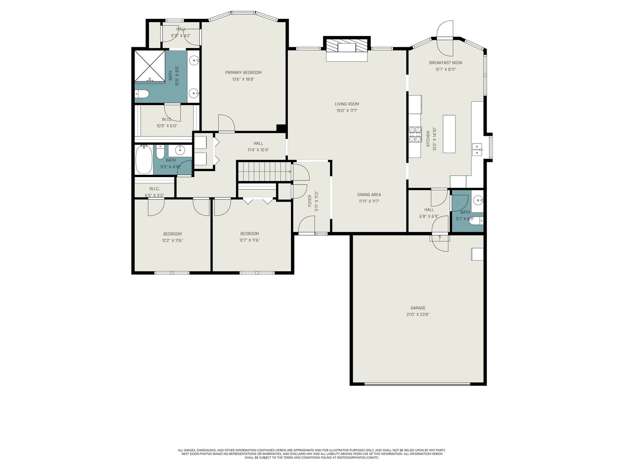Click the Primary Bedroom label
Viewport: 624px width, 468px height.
243,73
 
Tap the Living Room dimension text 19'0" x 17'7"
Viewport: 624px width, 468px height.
347,110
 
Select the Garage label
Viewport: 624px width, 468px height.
418,308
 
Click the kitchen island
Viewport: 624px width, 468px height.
449,134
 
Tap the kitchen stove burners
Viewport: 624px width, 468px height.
415,135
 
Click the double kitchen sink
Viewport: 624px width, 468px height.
477,149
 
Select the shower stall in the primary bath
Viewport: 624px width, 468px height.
150,66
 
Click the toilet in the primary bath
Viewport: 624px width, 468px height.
141,94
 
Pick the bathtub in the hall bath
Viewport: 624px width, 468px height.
144,159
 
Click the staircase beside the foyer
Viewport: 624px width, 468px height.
264,171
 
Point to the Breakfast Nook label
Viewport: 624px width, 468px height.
445,63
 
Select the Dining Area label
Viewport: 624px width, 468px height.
369,195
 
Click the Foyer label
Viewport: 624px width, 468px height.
310,201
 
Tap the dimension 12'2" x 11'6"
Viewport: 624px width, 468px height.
172,240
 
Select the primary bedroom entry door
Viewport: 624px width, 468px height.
226,123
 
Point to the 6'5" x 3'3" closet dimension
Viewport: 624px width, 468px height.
154,195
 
